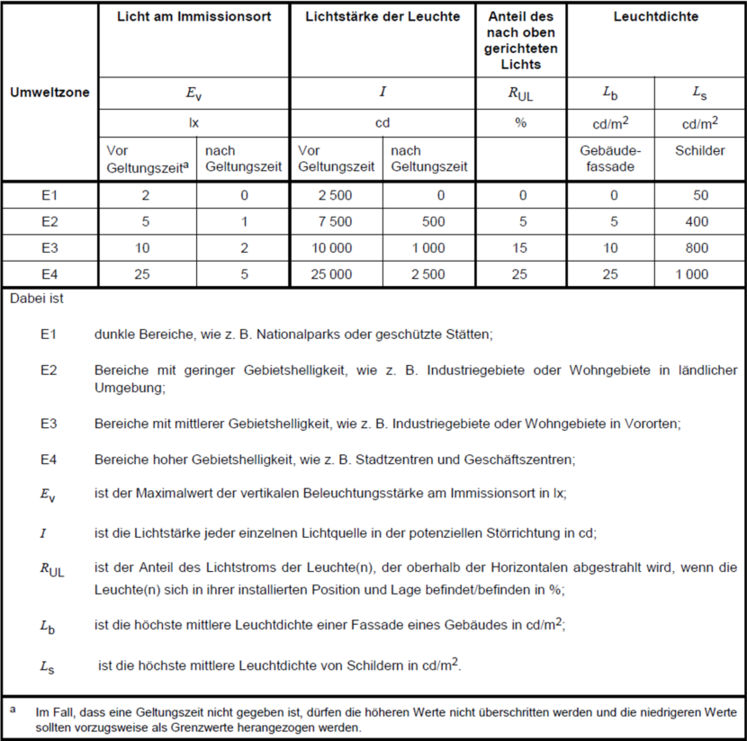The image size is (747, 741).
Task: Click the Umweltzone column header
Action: click(49, 92)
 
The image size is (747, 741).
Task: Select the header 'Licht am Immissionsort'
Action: click(193, 17)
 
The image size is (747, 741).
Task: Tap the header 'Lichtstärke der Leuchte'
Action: click(382, 17)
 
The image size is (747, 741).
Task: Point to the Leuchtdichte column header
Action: click(655, 17)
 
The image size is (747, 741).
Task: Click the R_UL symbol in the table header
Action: click(521, 93)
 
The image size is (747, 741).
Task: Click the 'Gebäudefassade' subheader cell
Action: click(610, 158)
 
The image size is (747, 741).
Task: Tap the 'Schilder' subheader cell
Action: click(699, 151)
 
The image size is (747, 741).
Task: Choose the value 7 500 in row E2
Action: click(334, 222)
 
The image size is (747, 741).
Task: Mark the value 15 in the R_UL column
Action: click(520, 248)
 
